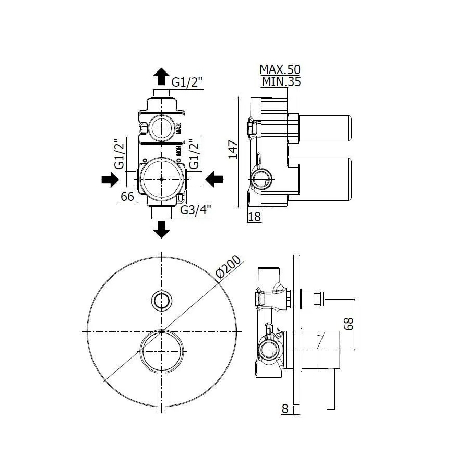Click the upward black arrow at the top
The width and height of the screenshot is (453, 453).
161,76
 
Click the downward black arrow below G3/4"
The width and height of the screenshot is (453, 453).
162,229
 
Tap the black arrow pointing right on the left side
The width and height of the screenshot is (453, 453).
109,180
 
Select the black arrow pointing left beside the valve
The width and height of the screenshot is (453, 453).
214,180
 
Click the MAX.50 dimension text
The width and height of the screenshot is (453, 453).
280,69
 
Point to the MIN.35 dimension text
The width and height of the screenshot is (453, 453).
281,81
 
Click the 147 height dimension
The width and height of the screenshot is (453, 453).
233,149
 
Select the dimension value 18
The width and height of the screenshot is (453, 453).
254,217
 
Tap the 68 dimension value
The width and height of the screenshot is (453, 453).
350,324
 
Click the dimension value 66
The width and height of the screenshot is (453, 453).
128,196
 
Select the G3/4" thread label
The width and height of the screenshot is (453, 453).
196,210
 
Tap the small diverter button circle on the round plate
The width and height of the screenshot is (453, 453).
162,300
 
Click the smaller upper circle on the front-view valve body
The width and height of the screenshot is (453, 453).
162,127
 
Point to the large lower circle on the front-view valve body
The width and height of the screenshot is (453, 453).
162,178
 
